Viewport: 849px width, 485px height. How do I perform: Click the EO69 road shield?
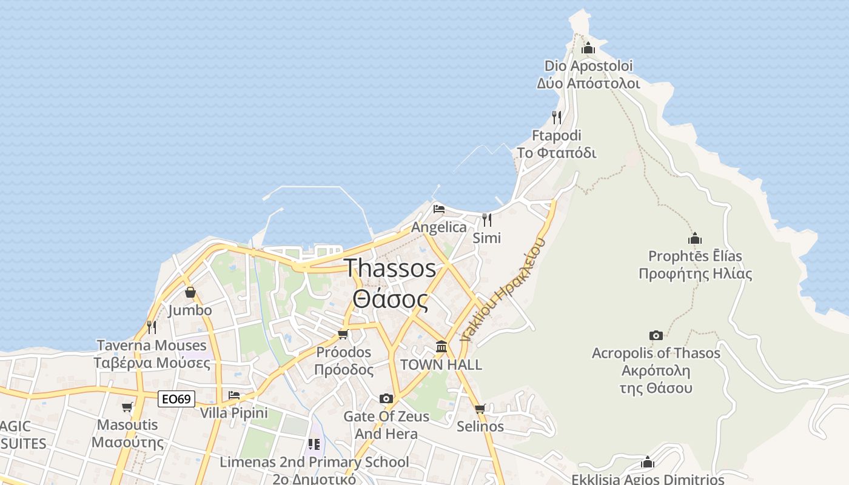point(177,399)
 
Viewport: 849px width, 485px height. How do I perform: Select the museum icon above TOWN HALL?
point(441,347)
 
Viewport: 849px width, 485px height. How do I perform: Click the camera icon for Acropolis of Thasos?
point(656,335)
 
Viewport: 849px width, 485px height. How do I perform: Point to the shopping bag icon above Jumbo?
point(190,293)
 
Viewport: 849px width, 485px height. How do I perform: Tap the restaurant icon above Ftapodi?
point(557,117)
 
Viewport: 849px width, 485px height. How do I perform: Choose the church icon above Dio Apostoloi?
point(588,48)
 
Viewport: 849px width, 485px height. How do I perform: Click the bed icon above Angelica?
point(439,209)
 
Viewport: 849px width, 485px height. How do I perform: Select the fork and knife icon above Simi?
point(487,219)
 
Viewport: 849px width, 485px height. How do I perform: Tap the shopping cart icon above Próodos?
point(343,335)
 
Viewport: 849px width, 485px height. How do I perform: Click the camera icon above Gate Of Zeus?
point(386,398)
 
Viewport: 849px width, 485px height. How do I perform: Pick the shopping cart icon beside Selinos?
point(480,409)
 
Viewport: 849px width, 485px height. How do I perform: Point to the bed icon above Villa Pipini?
point(234,395)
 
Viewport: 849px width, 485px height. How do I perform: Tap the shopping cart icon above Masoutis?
point(127,407)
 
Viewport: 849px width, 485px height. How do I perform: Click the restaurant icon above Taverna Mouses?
point(152,327)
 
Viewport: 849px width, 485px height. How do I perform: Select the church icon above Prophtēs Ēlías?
point(695,238)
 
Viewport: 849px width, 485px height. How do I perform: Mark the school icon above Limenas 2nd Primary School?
point(314,444)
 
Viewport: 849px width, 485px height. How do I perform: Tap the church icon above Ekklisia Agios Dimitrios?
point(648,463)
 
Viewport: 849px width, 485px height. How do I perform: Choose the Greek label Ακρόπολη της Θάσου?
point(656,379)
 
